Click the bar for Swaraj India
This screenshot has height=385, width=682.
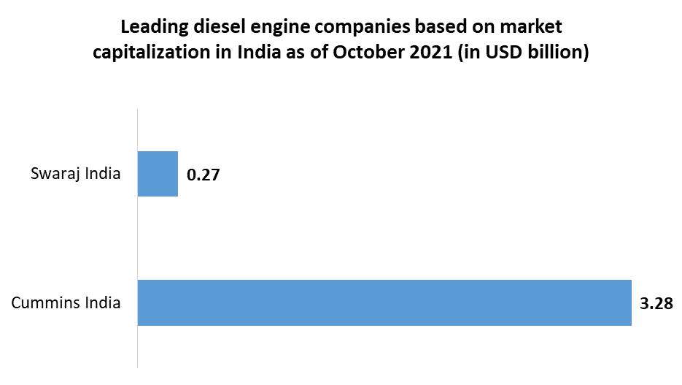click(158, 174)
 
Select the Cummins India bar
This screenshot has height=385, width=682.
click(384, 302)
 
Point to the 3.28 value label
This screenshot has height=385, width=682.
click(655, 302)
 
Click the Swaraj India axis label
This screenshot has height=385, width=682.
click(75, 174)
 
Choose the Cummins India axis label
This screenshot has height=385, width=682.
click(66, 302)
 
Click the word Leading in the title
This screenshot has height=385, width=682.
click(151, 28)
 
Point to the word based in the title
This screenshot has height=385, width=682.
click(435, 28)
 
